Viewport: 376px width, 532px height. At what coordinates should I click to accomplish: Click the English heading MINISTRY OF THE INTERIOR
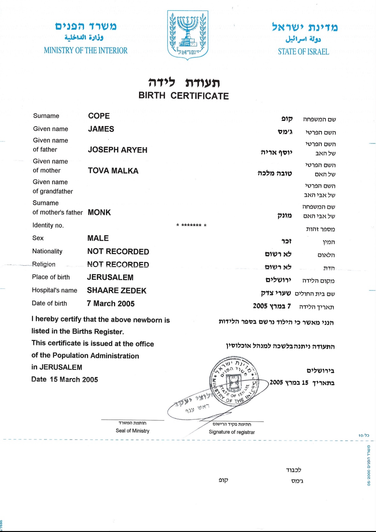(85, 50)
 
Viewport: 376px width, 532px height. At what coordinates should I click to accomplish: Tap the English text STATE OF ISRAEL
(303, 52)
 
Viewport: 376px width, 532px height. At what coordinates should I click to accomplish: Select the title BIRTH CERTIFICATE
(184, 96)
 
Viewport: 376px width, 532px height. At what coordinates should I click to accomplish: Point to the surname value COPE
(99, 116)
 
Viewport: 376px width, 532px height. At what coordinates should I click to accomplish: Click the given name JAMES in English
(101, 129)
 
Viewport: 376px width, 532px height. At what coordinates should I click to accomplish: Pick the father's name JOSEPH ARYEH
(118, 150)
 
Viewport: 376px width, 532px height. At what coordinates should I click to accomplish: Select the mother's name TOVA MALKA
(113, 171)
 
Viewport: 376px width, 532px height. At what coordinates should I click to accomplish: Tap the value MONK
(99, 212)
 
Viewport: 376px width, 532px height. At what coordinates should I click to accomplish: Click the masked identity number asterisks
(191, 225)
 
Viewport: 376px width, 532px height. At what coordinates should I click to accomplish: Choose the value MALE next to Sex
(98, 238)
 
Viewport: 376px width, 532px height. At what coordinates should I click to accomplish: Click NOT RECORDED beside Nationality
(118, 252)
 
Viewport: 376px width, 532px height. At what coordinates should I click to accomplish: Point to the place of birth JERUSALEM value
(110, 277)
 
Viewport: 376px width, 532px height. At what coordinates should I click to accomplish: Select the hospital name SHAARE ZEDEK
(117, 291)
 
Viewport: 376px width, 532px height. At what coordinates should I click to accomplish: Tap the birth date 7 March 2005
(111, 304)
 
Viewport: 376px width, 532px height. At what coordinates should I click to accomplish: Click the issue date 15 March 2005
(74, 379)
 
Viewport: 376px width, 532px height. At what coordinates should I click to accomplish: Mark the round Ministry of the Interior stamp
(234, 380)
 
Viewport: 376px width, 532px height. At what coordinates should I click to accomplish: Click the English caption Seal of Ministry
(132, 431)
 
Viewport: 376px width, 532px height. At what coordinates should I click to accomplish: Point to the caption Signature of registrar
(232, 432)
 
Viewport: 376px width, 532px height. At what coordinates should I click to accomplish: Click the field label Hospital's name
(55, 290)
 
